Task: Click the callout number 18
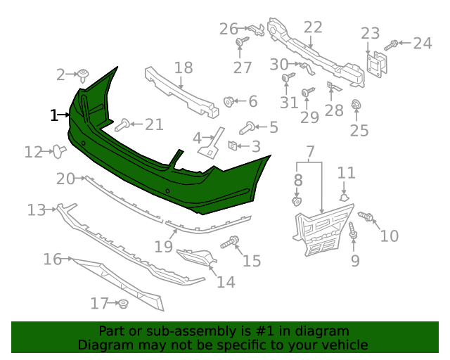[183, 67]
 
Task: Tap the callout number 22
[313, 27]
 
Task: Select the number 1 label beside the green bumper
[53, 115]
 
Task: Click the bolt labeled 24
[394, 44]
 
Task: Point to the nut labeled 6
[229, 101]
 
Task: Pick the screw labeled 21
[122, 125]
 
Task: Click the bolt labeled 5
[247, 127]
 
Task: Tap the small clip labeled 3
[232, 146]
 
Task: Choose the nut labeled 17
[122, 304]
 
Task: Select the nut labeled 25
[356, 107]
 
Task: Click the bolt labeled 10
[365, 216]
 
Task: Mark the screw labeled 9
[352, 231]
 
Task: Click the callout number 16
[52, 259]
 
